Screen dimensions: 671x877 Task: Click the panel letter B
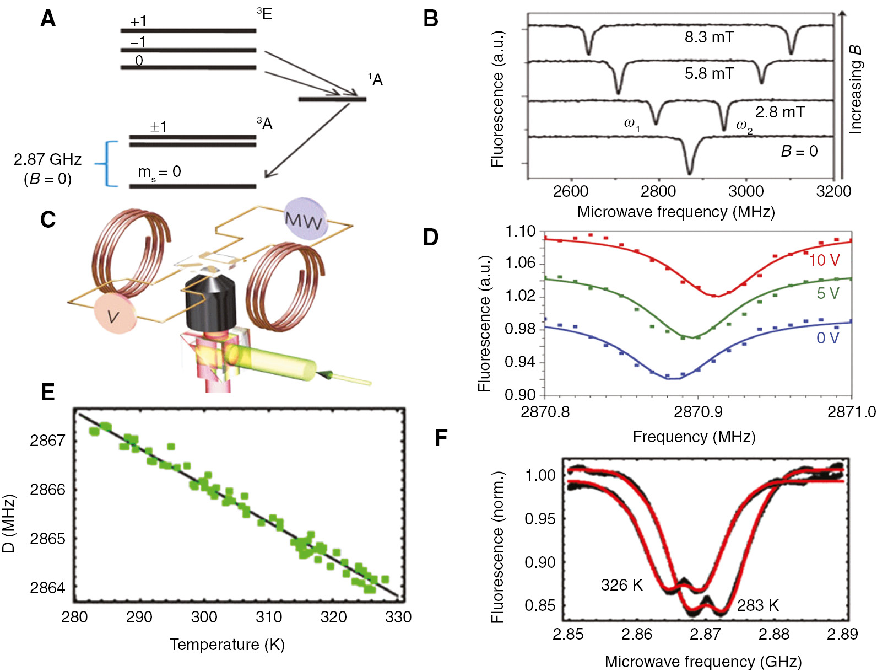[x=430, y=19]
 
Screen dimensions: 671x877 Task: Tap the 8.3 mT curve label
[x=709, y=37]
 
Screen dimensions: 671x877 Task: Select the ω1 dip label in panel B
[x=631, y=124]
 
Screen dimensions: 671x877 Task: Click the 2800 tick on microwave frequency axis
[x=658, y=191]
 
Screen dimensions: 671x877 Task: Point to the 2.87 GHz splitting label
[x=47, y=160]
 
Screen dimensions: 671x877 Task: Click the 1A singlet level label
[x=375, y=80]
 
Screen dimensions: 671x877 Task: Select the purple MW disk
[x=305, y=219]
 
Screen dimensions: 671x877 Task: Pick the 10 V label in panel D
[x=824, y=260]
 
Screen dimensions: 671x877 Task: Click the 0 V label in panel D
[x=827, y=338]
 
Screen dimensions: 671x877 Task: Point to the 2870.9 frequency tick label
[x=698, y=412]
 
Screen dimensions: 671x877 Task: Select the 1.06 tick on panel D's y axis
[x=520, y=263]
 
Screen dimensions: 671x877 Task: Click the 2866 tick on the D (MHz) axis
[x=47, y=490]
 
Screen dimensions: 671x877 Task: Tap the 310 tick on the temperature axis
[x=269, y=617]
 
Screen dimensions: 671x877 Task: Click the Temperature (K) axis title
[x=226, y=645]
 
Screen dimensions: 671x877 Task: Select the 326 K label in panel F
[x=621, y=585]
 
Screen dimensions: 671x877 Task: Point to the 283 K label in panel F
[x=757, y=605]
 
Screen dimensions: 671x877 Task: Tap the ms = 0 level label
[x=159, y=173]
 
